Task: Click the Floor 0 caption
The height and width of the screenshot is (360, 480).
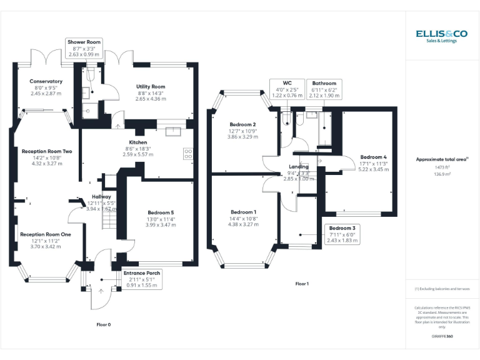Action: (104, 324)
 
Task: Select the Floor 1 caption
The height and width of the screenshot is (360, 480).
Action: (302, 284)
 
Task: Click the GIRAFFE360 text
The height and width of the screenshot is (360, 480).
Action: (442, 336)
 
